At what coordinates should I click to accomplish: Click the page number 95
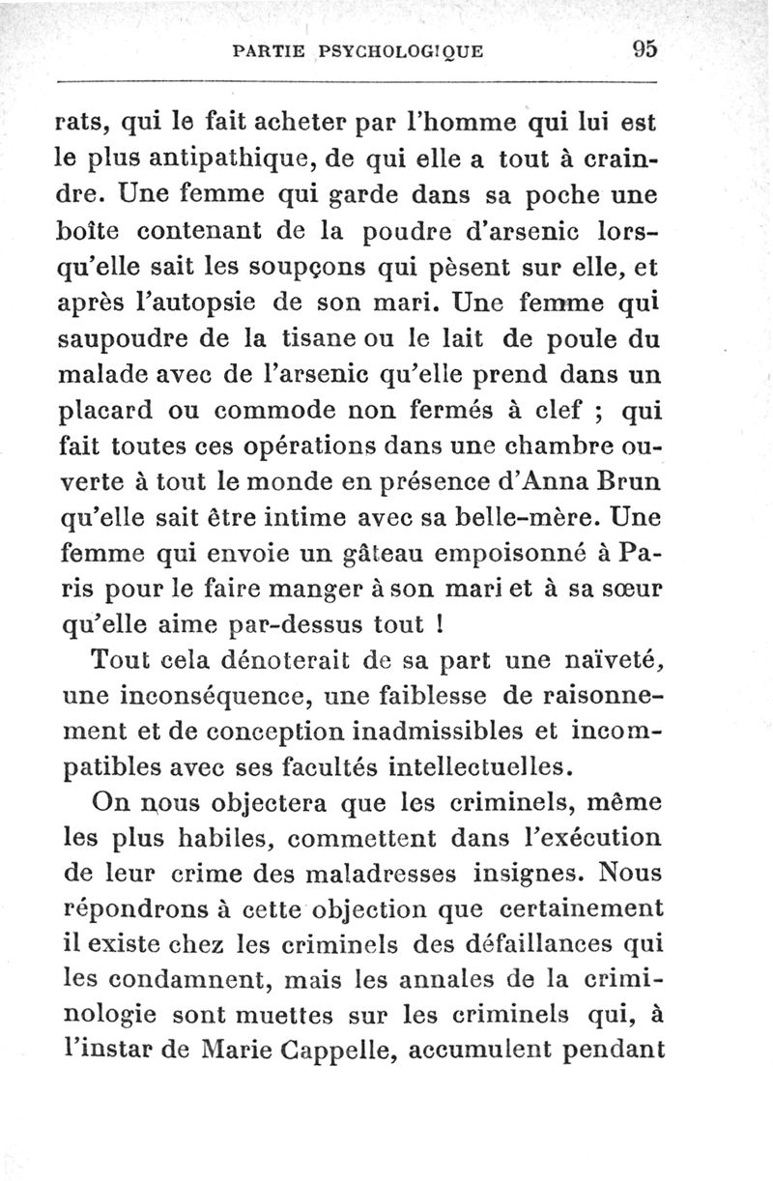[644, 49]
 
